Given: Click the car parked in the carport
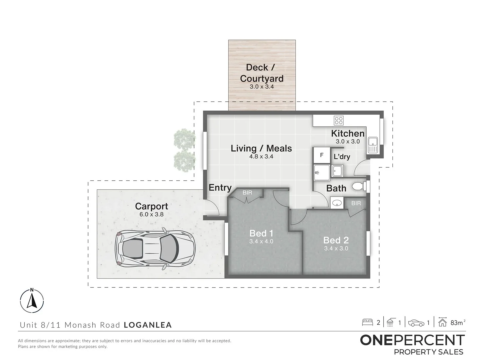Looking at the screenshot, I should [155, 247].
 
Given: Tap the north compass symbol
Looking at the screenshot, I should [32, 301].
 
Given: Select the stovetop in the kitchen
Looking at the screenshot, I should [339, 120].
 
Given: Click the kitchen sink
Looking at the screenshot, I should [372, 145].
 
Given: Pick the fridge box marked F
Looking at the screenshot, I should [322, 155].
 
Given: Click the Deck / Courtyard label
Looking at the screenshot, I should [262, 73].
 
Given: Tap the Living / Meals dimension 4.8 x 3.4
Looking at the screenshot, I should [261, 156].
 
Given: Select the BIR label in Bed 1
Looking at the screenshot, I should [247, 193].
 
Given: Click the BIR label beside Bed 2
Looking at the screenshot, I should [356, 203].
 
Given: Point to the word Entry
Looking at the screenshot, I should [220, 188].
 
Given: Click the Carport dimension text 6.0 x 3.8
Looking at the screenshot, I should [151, 214].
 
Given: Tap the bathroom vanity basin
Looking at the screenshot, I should [337, 202].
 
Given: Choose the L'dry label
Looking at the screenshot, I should [342, 157].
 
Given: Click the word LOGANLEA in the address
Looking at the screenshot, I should [148, 325].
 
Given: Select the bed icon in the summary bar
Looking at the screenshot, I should [367, 322].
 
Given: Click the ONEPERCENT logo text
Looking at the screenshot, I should [412, 340].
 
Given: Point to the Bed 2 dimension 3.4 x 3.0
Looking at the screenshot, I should [336, 248].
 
